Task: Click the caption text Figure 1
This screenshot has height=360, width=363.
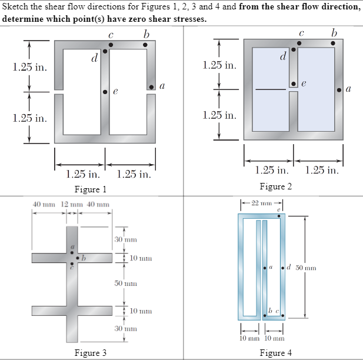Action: point(90,189)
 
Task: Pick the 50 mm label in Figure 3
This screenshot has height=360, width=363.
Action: point(125,284)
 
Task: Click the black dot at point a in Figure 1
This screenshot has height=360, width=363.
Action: point(151,86)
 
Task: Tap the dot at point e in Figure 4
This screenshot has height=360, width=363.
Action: point(279,216)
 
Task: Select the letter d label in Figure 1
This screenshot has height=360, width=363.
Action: point(94,58)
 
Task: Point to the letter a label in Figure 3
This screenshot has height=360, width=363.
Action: point(72,248)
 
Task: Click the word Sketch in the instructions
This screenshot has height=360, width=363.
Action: point(16,6)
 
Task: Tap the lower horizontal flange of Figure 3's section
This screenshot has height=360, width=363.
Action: point(71,311)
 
